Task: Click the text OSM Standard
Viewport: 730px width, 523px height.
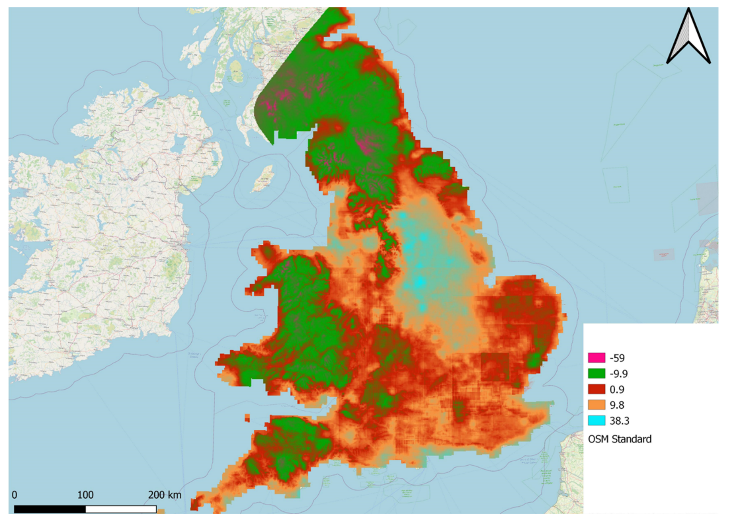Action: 620,439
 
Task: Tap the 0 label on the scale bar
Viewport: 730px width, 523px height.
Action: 14,495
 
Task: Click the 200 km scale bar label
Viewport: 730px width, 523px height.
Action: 164,495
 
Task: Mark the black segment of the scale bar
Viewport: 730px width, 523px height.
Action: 50,509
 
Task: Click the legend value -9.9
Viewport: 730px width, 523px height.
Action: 618,374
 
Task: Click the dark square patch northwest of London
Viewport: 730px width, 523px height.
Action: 495,367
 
